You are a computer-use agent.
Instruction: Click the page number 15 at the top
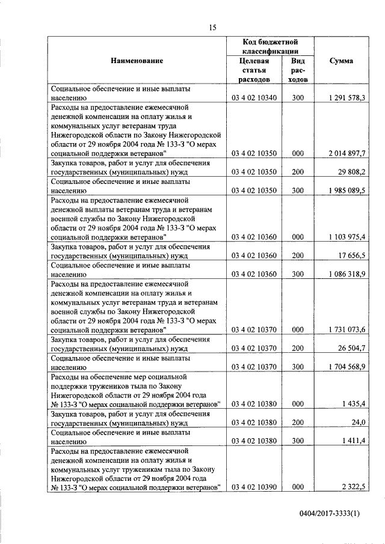[x=212, y=26]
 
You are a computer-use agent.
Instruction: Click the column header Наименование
[x=137, y=61]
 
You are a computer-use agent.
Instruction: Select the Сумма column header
[x=342, y=61]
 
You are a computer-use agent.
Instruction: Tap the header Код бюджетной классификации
[x=270, y=46]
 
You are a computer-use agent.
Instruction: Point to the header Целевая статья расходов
[x=253, y=70]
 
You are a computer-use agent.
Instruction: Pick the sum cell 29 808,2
[x=354, y=171]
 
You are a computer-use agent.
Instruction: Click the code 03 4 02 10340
[x=253, y=97]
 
